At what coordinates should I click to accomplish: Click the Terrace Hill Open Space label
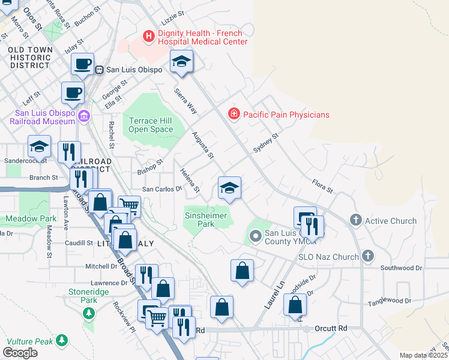(151, 125)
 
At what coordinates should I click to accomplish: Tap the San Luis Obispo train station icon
(99, 70)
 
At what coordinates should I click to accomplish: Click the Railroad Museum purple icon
(83, 116)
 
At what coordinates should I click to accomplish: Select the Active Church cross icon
(355, 221)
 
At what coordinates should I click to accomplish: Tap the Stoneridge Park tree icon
(89, 313)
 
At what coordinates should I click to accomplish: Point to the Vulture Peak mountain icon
(61, 340)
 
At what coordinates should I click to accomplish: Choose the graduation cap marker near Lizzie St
(181, 62)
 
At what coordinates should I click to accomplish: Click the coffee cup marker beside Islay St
(82, 64)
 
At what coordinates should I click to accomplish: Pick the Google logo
(20, 353)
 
